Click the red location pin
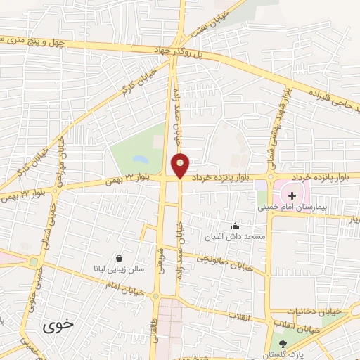pyautogui.click(x=181, y=165)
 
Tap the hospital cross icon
pyautogui.click(x=292, y=193)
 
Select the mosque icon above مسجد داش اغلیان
pyautogui.click(x=234, y=226)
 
